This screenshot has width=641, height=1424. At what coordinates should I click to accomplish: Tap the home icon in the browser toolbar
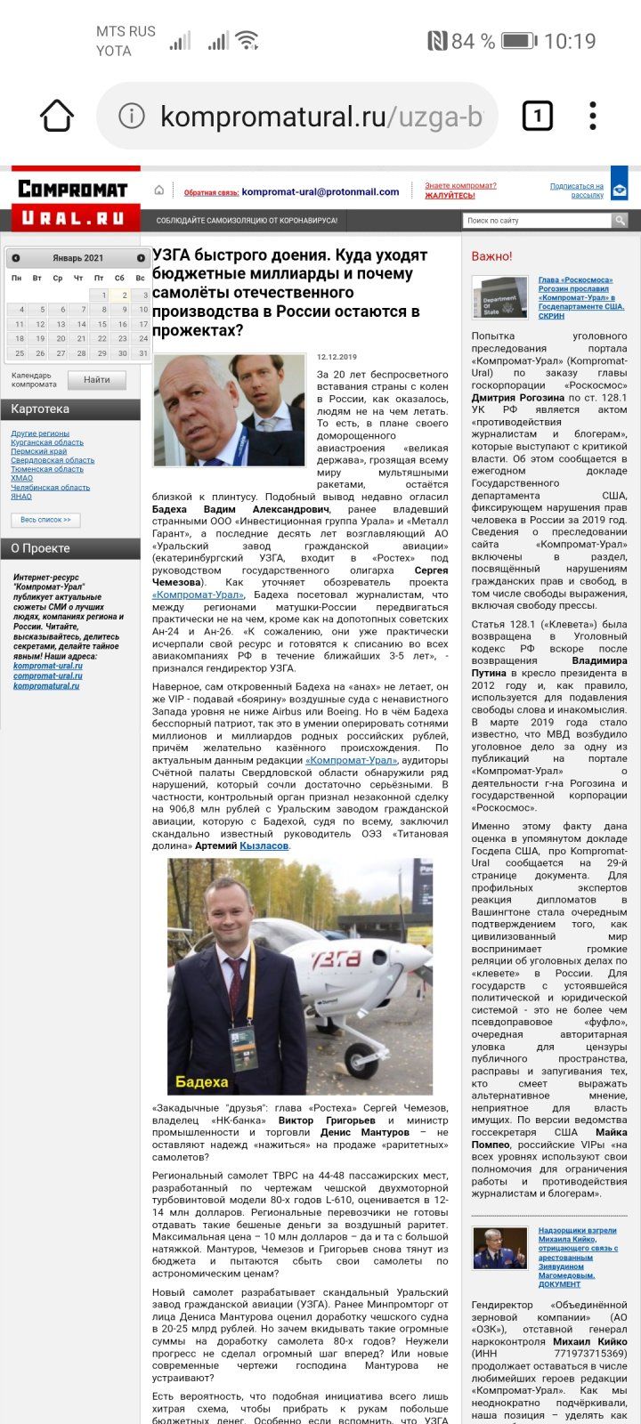tap(56, 116)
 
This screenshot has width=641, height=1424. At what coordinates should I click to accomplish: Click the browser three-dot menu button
tap(593, 116)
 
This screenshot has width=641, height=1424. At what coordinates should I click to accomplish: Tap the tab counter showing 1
tap(537, 116)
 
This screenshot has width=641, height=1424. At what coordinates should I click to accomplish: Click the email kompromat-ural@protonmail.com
tap(320, 191)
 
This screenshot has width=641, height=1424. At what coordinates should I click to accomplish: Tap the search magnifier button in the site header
tap(620, 221)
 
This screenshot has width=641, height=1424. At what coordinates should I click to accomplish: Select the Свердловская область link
tap(53, 460)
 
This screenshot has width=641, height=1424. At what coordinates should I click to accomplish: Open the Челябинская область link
tap(50, 488)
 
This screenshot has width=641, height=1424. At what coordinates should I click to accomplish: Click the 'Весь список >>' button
tap(45, 520)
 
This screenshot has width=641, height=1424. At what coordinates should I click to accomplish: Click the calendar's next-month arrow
tap(141, 258)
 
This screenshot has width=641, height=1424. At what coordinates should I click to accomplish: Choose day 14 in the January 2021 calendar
tap(81, 324)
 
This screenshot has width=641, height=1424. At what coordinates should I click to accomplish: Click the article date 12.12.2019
tap(337, 357)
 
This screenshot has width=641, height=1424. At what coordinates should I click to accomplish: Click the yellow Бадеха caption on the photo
tap(202, 1082)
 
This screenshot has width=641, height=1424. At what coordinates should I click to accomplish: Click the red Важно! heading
tap(491, 256)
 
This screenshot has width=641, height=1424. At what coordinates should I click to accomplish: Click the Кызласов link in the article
tap(264, 845)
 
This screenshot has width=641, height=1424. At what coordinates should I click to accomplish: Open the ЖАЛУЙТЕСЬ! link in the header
tap(450, 196)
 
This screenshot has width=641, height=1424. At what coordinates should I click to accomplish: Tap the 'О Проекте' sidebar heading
tap(40, 548)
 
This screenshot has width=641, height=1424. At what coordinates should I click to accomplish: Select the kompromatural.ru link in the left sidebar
tap(46, 686)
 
